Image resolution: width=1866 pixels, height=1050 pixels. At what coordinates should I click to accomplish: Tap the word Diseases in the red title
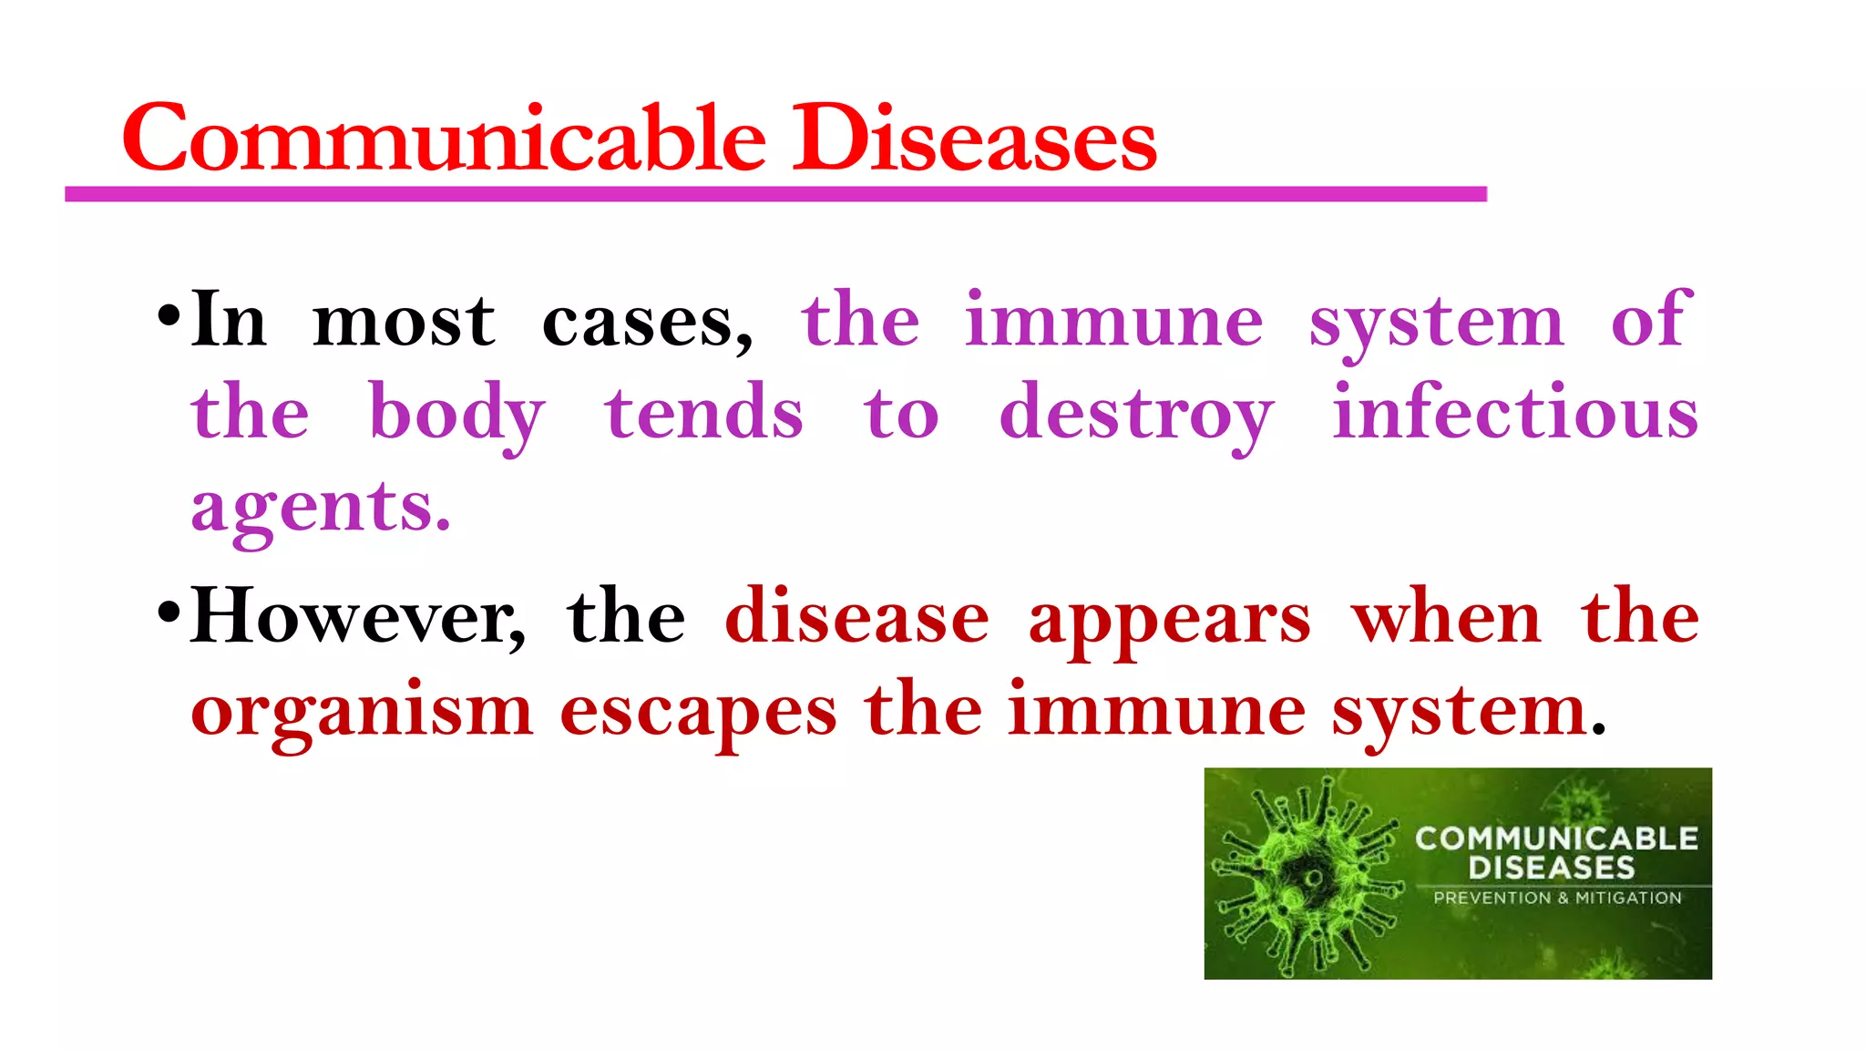(x=974, y=139)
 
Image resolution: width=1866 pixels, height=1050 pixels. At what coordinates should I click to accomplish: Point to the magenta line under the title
(x=774, y=194)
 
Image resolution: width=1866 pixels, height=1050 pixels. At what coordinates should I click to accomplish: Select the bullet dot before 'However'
(x=169, y=612)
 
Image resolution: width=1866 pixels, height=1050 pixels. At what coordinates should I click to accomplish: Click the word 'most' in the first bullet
(x=404, y=321)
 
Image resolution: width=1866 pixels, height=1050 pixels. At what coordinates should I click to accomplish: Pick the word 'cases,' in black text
(x=648, y=321)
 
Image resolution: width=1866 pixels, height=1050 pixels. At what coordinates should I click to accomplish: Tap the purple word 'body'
(x=457, y=415)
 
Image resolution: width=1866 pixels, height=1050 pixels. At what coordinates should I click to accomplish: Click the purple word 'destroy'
(x=1136, y=415)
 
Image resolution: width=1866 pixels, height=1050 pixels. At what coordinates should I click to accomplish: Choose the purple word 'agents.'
(x=321, y=508)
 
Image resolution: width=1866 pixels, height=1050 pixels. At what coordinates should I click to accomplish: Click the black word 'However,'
(x=358, y=617)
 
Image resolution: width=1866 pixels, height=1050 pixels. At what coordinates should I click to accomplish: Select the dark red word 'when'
(x=1447, y=617)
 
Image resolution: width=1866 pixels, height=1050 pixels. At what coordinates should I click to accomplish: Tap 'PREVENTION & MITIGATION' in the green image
(x=1557, y=898)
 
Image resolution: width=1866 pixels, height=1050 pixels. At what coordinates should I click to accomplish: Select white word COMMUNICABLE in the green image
(x=1556, y=838)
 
